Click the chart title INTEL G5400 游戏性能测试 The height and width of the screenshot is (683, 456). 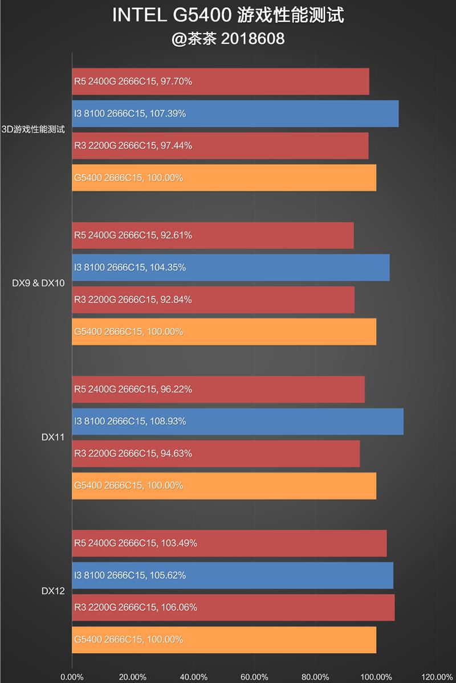click(228, 15)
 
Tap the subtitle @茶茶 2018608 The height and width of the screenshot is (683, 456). click(228, 39)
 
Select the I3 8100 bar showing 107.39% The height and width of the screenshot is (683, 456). click(235, 113)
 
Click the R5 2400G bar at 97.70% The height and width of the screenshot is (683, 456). click(221, 81)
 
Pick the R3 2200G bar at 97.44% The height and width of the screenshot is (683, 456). click(220, 146)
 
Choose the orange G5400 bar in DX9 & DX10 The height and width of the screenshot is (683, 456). click(224, 332)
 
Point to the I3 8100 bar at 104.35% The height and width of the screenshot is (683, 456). click(230, 267)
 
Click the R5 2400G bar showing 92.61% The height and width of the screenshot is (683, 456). click(213, 235)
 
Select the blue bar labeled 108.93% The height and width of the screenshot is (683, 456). click(238, 422)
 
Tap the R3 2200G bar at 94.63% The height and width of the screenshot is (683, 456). click(215, 453)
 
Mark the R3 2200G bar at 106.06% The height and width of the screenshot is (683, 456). click(233, 607)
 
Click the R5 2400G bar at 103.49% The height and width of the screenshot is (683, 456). click(229, 543)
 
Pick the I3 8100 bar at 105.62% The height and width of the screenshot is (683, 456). click(233, 575)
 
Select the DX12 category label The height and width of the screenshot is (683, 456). click(52, 591)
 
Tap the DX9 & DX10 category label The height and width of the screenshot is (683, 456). click(38, 283)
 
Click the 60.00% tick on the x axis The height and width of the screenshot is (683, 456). click(254, 677)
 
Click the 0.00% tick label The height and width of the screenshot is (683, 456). click(72, 677)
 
